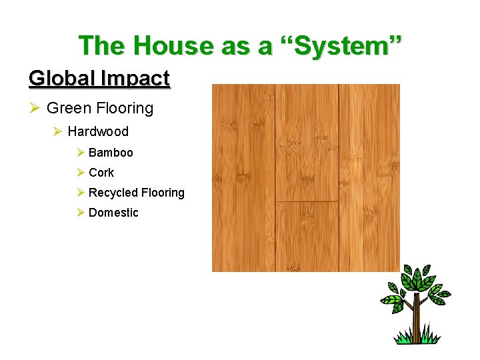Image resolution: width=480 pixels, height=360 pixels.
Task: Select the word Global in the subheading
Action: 61,79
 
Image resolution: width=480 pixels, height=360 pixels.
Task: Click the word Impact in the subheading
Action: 135,79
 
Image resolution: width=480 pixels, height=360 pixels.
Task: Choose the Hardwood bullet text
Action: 98,131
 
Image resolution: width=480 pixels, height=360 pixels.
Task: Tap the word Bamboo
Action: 111,153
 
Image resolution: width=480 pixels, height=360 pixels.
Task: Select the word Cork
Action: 101,173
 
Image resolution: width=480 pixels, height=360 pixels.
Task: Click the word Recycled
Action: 113,193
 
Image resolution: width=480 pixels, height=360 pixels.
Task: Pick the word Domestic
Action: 113,213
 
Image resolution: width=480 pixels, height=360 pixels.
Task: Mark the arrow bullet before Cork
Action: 80,173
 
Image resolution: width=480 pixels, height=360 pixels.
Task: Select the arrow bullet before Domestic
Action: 80,213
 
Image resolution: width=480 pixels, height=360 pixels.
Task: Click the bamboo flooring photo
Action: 305,177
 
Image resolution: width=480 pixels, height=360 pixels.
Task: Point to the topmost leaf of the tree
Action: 417,272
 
